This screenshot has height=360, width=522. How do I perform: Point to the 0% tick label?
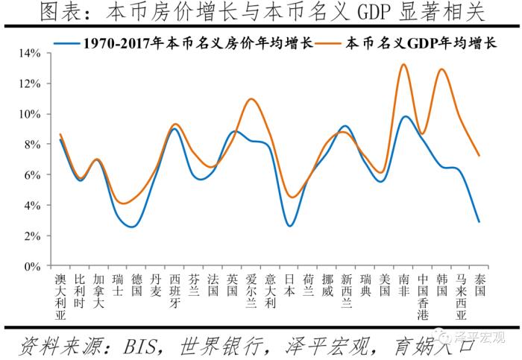[31, 266]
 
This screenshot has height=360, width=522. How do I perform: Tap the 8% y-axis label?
[31, 145]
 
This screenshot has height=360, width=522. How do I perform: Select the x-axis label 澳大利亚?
[61, 295]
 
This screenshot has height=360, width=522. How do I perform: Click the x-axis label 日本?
[290, 284]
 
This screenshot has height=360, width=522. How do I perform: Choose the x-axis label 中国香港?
[423, 295]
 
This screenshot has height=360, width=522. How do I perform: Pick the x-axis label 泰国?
[479, 284]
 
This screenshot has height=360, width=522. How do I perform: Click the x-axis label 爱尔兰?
[251, 290]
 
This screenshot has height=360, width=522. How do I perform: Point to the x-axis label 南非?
[403, 284]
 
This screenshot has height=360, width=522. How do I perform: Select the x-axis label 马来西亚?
[461, 295]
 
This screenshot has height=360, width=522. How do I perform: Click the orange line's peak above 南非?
[403, 64]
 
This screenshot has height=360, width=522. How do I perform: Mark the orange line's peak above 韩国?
[442, 69]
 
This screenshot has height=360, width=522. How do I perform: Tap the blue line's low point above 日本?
[290, 225]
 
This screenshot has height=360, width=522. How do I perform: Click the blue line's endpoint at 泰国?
[479, 222]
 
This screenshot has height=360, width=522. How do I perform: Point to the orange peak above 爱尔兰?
[251, 98]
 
